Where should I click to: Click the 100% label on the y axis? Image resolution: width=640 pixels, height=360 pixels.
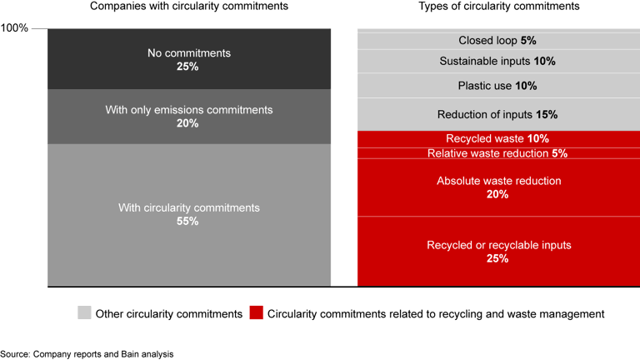click(14, 28)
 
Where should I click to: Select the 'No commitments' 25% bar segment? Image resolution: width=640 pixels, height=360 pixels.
click(188, 59)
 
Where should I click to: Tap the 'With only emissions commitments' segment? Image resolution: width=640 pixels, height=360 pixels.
click(188, 117)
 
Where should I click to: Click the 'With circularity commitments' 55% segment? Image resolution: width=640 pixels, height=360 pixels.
click(188, 214)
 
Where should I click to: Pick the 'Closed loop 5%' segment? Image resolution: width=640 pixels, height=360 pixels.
click(498, 41)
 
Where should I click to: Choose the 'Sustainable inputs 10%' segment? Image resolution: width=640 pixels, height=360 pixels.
click(498, 61)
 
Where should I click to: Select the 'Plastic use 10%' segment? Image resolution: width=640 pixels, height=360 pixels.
click(498, 86)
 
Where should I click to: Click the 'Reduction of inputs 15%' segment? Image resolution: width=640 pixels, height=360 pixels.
click(498, 114)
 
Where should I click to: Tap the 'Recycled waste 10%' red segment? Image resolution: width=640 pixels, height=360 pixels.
click(498, 139)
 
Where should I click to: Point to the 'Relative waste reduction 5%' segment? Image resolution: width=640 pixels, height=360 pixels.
click(498, 154)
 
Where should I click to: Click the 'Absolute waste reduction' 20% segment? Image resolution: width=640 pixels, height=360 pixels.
click(498, 187)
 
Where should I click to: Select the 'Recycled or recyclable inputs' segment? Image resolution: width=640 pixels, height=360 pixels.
click(498, 252)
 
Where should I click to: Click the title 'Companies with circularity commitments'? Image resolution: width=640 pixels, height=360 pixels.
click(188, 7)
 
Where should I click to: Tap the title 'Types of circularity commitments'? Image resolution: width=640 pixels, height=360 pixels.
click(498, 7)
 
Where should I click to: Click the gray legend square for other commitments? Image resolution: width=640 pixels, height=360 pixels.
click(84, 314)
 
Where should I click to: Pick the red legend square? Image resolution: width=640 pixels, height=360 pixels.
click(257, 314)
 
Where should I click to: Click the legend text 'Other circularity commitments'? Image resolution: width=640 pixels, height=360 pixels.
click(169, 314)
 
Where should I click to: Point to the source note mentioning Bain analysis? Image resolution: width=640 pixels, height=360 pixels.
click(87, 353)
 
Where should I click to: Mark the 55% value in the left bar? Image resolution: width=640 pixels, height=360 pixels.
click(188, 222)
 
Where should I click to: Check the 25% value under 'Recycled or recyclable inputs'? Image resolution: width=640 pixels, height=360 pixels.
click(498, 259)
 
